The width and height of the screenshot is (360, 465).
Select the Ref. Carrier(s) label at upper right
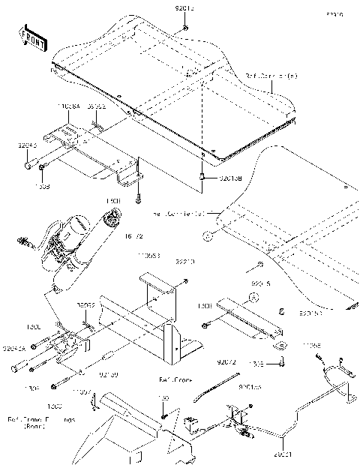271,76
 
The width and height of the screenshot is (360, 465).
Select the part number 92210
184,262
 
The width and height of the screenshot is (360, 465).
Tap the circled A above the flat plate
253,298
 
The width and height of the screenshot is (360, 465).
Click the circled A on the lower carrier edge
207,235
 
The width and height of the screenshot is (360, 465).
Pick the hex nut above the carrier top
184,28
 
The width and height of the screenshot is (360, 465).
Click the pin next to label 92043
26,161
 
